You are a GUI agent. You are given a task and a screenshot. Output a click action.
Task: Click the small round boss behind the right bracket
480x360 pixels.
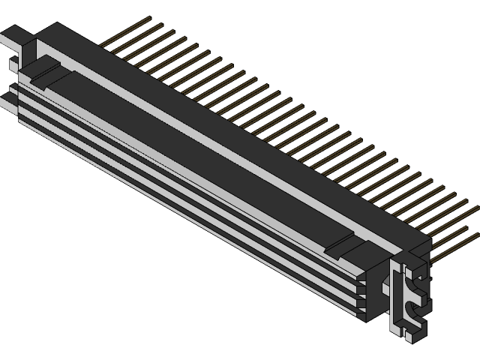click(387, 285)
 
